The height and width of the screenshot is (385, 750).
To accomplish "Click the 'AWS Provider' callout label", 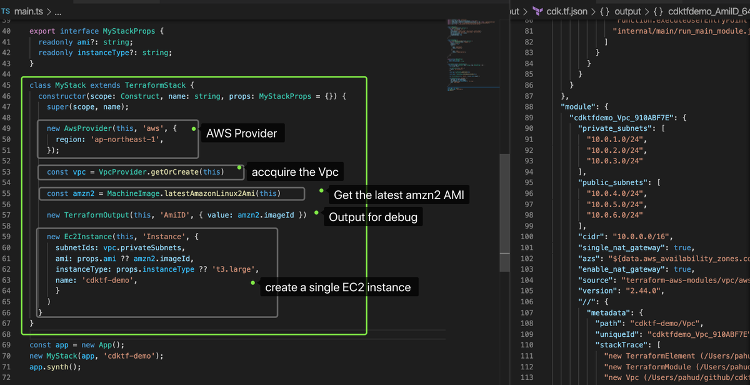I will tap(241, 133).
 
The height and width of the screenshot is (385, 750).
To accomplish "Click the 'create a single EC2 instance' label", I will tap(337, 287).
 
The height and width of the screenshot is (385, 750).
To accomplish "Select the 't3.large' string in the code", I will tap(239, 269).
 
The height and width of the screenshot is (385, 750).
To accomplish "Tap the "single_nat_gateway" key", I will tap(621, 247).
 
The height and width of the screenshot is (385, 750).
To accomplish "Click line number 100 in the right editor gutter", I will tap(526, 237).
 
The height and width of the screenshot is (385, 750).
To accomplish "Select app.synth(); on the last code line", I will tap(55, 367).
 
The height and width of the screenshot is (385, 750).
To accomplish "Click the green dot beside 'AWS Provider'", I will tap(194, 128).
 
